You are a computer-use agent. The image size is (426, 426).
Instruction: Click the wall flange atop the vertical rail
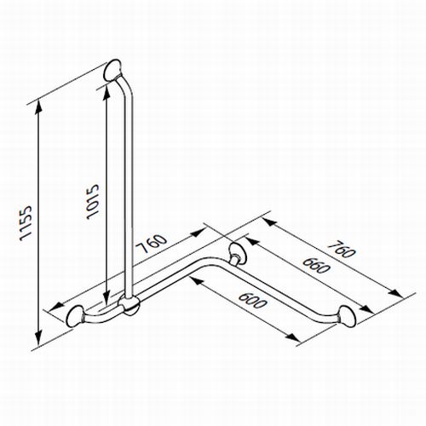click(x=114, y=70)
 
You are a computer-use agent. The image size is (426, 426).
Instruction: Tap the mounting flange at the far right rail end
click(x=348, y=316)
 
